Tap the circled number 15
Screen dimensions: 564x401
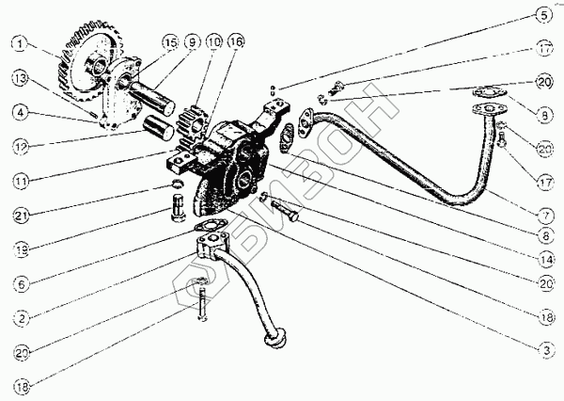coord(169,42)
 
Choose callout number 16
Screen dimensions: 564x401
coord(235,42)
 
